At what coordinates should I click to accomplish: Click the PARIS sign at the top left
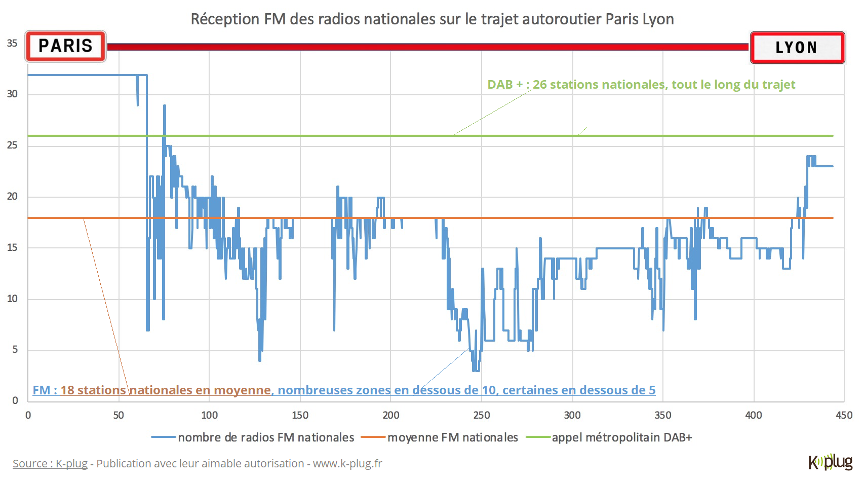click(x=65, y=46)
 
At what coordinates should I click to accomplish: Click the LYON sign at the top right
click(x=797, y=48)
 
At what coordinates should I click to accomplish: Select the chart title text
click(x=432, y=19)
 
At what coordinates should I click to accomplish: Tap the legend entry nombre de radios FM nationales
click(x=265, y=437)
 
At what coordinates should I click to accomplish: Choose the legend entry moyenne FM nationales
click(x=452, y=437)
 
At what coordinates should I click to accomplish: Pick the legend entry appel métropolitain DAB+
click(x=621, y=437)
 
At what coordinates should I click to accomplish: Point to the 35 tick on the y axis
click(x=12, y=44)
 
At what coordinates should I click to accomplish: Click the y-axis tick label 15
click(x=12, y=248)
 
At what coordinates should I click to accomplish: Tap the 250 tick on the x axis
click(x=481, y=416)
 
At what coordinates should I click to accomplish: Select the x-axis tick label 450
click(x=844, y=416)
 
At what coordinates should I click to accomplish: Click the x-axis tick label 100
click(x=209, y=416)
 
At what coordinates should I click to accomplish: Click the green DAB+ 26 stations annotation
click(x=641, y=85)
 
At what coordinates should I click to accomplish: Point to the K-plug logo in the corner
click(x=831, y=462)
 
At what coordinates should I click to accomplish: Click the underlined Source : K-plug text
click(x=50, y=464)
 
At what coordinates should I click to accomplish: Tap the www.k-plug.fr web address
click(x=347, y=464)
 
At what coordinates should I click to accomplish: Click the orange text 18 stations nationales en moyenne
click(x=166, y=390)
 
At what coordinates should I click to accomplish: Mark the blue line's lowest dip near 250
click(x=476, y=370)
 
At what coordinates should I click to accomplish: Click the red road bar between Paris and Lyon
click(x=428, y=47)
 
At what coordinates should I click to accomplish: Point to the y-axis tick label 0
click(x=15, y=400)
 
